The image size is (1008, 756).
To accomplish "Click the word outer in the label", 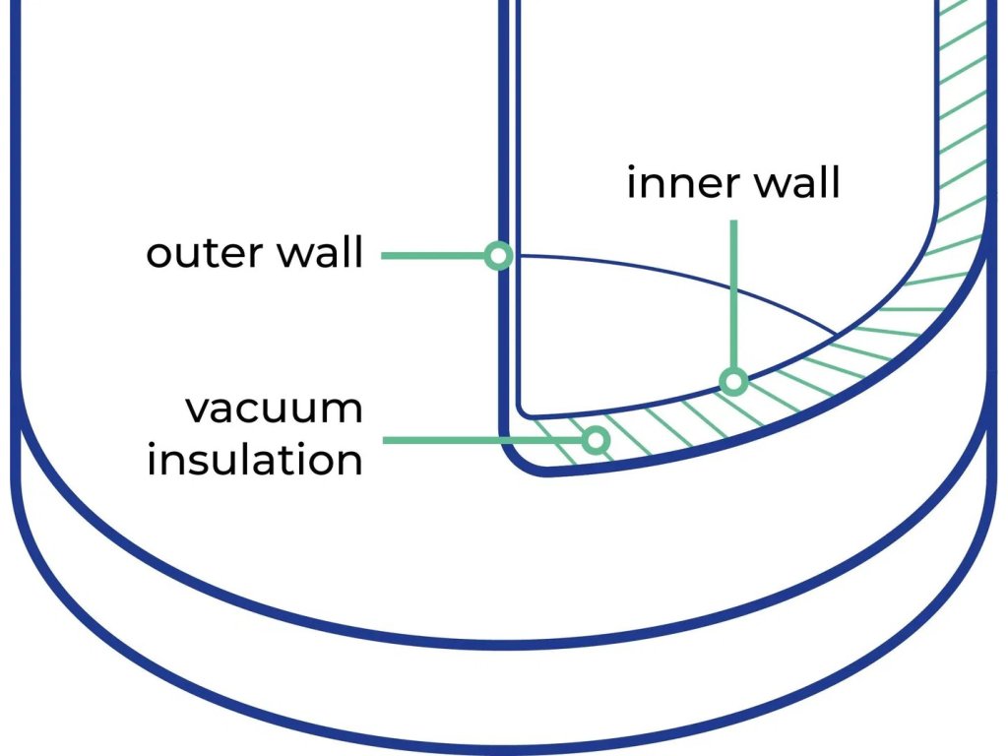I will (200, 254).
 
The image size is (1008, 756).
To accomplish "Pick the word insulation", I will (255, 459).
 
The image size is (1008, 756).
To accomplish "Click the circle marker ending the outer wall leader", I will (498, 257).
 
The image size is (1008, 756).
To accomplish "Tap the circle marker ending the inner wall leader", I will (731, 381).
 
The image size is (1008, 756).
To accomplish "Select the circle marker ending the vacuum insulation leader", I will (595, 440).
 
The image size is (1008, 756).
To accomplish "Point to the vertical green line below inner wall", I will (732, 295).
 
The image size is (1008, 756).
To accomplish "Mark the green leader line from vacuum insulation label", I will (482, 440).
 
